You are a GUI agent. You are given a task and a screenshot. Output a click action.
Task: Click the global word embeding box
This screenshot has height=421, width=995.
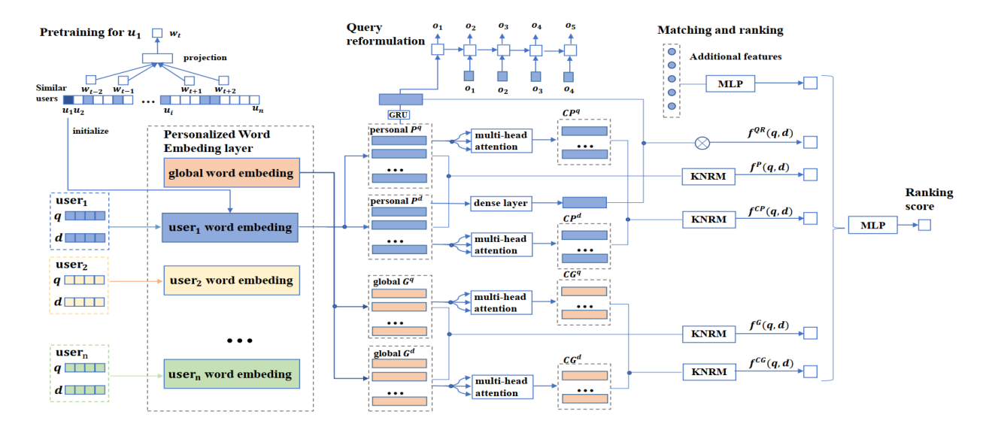[x=231, y=173]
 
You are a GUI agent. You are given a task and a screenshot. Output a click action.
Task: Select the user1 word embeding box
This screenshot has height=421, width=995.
[x=231, y=227]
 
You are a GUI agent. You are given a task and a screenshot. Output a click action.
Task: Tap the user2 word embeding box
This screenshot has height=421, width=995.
[x=231, y=280]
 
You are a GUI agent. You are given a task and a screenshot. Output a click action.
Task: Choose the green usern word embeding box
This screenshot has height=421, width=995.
[x=231, y=374]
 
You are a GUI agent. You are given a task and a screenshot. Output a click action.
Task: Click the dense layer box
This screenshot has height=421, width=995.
[x=499, y=203]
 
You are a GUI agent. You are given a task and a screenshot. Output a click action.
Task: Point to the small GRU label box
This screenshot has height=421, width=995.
[x=399, y=114]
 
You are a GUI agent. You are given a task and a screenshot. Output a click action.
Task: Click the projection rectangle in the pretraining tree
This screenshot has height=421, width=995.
[x=157, y=58]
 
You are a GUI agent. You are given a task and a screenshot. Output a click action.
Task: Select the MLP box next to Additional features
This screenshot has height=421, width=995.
[x=730, y=83]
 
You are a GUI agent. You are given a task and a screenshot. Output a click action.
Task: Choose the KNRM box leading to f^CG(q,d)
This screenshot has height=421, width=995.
[x=708, y=371]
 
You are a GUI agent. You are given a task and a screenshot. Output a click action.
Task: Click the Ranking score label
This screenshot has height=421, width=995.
[x=929, y=198]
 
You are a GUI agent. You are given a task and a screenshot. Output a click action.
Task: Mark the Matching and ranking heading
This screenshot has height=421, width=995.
[x=720, y=31]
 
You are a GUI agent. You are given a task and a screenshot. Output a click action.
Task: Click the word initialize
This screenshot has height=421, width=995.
[x=91, y=131]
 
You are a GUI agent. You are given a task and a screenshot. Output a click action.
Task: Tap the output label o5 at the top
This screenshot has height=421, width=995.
[x=572, y=27]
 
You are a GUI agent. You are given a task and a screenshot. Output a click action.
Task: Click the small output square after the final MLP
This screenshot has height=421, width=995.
[x=924, y=225]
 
